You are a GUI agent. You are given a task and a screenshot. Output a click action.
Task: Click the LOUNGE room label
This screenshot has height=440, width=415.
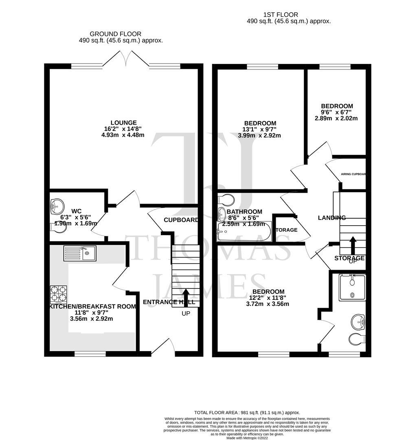click(123, 123)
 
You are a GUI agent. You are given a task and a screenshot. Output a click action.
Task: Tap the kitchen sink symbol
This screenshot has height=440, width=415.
click(80, 253)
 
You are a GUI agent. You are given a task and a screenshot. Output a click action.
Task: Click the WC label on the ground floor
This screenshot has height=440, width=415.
click(77, 211)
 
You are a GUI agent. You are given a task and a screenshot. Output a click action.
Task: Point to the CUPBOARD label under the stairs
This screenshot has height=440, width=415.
click(181, 220)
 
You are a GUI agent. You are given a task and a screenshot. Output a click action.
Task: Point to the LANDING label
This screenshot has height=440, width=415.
click(332, 218)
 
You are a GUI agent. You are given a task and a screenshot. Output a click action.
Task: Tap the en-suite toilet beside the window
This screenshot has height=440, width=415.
click(357, 339)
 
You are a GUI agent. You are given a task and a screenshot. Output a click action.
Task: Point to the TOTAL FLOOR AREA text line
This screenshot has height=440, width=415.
click(247, 412)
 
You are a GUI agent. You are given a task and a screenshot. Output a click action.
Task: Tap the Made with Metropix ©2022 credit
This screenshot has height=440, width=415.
click(247, 438)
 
